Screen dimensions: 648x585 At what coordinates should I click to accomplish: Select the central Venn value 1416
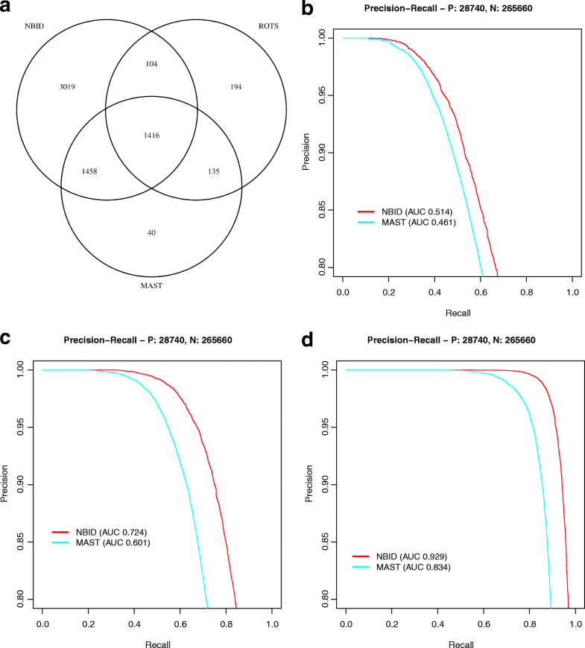[151, 135]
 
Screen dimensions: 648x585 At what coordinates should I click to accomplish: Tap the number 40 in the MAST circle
[151, 233]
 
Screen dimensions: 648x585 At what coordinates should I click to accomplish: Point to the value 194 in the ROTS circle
[237, 87]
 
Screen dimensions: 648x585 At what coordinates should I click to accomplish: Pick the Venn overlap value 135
[215, 171]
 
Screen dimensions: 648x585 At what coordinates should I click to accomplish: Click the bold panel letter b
[308, 10]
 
